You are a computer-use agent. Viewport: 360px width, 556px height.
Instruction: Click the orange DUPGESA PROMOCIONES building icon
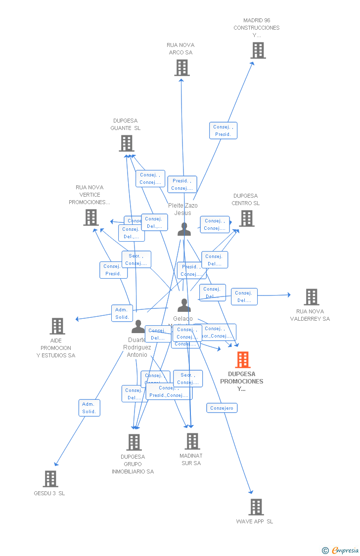tap(242, 360)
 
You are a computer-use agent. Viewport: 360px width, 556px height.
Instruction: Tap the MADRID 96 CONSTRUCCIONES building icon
tap(258, 50)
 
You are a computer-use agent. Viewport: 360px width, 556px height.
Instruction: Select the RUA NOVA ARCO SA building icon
tap(181, 68)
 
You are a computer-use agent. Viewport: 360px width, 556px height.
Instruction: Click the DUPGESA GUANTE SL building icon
tap(127, 143)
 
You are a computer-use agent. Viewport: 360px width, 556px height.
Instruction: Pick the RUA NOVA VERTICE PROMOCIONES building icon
tap(91, 217)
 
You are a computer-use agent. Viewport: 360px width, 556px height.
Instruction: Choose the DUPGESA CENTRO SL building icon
tap(246, 218)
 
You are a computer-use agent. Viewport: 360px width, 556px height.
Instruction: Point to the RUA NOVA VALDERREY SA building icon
tap(311, 297)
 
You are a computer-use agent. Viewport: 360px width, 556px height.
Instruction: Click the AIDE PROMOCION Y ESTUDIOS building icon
tap(57, 326)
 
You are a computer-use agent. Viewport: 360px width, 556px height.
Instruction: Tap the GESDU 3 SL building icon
tap(50, 479)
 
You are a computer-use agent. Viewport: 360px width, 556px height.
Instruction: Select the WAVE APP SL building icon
tap(256, 507)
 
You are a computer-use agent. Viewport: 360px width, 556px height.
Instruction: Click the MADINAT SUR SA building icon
tap(192, 441)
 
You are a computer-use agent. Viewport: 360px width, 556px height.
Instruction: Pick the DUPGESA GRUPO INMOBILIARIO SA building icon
tap(134, 442)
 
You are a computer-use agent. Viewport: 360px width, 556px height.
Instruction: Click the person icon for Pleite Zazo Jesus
tap(184, 229)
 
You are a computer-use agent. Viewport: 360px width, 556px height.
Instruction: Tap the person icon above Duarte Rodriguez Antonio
tap(138, 327)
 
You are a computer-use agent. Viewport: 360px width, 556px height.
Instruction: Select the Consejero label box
tap(222, 408)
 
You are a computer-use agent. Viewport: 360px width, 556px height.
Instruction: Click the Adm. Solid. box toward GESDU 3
tap(89, 408)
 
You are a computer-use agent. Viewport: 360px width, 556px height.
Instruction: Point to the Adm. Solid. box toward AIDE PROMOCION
tap(122, 313)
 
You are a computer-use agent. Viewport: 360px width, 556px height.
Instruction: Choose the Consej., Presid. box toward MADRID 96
tap(223, 130)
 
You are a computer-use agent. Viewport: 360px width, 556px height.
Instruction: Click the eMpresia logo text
tap(345, 551)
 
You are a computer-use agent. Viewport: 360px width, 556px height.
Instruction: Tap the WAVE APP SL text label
tap(254, 521)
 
